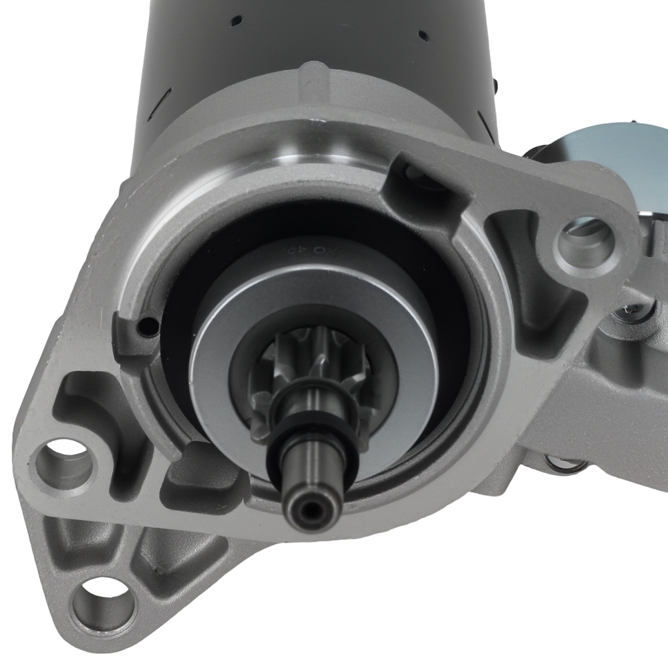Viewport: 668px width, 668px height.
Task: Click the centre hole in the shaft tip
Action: (x=309, y=510)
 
